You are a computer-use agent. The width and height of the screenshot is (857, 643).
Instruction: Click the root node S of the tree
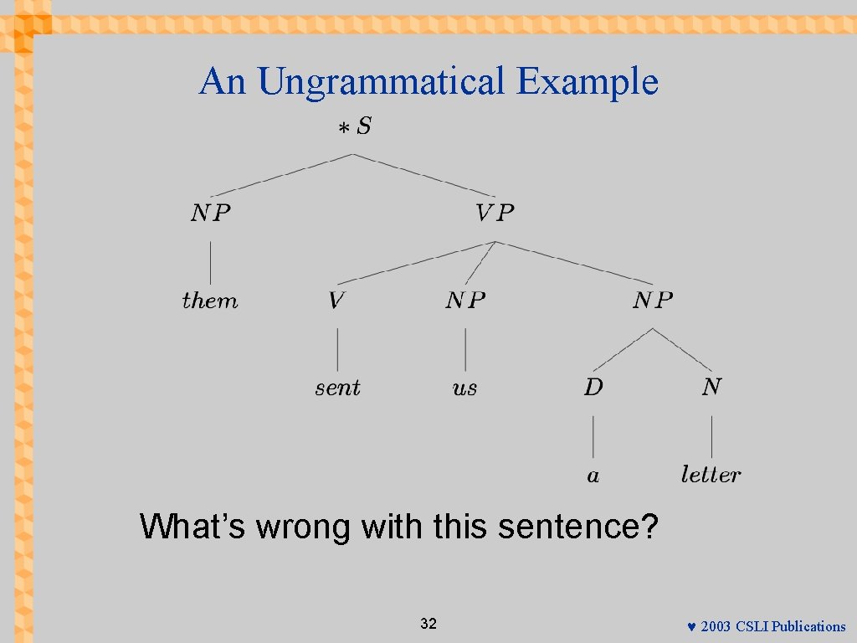pyautogui.click(x=364, y=127)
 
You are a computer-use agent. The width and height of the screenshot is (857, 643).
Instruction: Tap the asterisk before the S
pyautogui.click(x=343, y=129)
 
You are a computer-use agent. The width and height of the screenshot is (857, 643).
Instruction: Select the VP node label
pyautogui.click(x=495, y=213)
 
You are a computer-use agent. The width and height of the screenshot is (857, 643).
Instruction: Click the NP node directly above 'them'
pyautogui.click(x=210, y=213)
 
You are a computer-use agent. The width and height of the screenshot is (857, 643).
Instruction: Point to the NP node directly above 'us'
pyautogui.click(x=465, y=301)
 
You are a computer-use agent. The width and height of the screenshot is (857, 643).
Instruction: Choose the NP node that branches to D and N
pyautogui.click(x=653, y=301)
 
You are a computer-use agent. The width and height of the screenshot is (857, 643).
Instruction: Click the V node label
pyautogui.click(x=336, y=301)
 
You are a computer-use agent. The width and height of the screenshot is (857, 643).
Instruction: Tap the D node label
pyautogui.click(x=593, y=388)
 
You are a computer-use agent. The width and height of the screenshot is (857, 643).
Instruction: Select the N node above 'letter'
pyautogui.click(x=711, y=388)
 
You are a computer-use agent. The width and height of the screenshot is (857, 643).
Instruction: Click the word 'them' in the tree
pyautogui.click(x=210, y=301)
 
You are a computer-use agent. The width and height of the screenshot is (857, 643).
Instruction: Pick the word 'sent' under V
pyautogui.click(x=337, y=388)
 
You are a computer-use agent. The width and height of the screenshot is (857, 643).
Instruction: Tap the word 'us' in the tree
pyautogui.click(x=464, y=388)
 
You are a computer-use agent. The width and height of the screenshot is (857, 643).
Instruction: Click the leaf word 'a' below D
pyautogui.click(x=593, y=476)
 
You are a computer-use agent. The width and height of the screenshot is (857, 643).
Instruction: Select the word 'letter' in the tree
pyautogui.click(x=711, y=475)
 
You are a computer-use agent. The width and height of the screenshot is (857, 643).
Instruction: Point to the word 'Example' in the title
pyautogui.click(x=588, y=82)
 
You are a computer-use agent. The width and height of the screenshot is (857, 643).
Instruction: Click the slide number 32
pyautogui.click(x=428, y=624)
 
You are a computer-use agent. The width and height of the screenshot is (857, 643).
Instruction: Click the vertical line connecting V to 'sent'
pyautogui.click(x=337, y=349)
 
